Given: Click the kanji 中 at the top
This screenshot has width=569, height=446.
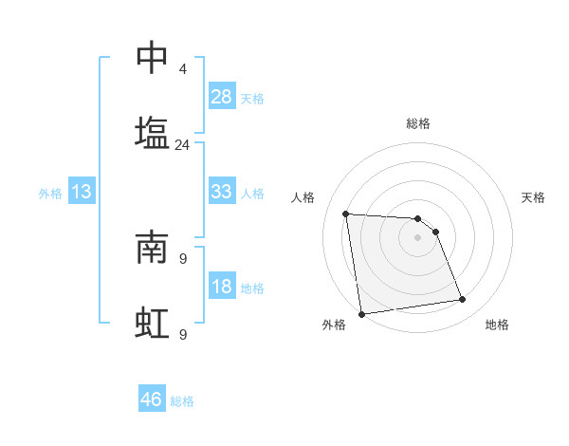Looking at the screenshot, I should click(152, 59).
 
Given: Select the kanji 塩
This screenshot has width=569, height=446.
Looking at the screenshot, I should click(152, 133).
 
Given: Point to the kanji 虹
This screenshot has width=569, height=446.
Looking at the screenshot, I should click(152, 323).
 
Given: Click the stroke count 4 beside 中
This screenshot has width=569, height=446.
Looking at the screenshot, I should click(182, 69).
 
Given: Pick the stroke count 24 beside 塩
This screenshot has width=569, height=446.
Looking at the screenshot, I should click(182, 145).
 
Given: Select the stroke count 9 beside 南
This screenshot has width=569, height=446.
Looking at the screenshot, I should click(182, 257).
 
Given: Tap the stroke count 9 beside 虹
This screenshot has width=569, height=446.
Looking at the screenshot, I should click(182, 333).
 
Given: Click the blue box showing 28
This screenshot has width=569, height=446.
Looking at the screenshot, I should click(222, 97).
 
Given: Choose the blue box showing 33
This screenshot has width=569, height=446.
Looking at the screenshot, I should click(222, 192).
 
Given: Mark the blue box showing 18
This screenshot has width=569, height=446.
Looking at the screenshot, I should click(222, 287).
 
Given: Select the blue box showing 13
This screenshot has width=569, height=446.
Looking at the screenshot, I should click(82, 192).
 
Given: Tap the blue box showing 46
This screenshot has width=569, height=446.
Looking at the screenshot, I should click(152, 400).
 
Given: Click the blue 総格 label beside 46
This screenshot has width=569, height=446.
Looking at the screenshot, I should click(182, 401).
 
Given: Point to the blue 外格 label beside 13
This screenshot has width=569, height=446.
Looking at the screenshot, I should click(50, 194).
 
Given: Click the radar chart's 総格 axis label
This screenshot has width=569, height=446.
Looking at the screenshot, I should click(417, 123).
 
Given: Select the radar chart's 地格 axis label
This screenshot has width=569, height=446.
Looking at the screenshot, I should click(497, 325).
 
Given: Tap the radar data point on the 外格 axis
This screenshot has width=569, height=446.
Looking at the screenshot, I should click(361, 313).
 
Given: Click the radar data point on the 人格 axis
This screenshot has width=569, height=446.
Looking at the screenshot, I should click(346, 214).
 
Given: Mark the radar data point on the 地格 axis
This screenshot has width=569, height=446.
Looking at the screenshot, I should click(463, 300).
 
